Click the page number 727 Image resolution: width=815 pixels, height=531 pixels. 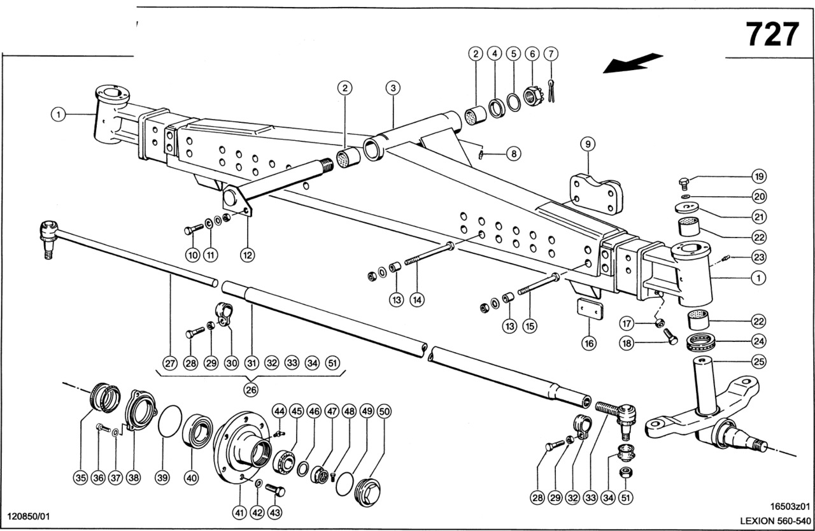pos(772,34)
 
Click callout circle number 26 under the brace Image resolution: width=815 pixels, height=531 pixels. pos(251,388)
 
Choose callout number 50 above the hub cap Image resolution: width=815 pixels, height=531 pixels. pos(383,412)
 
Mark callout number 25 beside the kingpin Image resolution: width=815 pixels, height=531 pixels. pos(758,362)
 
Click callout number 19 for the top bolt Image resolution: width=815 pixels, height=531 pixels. pos(758,176)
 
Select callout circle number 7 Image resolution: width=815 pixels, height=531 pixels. pos(551,53)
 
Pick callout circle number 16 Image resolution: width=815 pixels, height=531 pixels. pos(589,343)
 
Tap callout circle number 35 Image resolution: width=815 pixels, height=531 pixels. pos(80,478)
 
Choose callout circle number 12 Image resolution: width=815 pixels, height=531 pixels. pos(247,255)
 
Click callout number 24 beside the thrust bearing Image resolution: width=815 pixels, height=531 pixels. pos(758,341)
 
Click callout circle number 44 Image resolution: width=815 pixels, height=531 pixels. pos(279,412)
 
